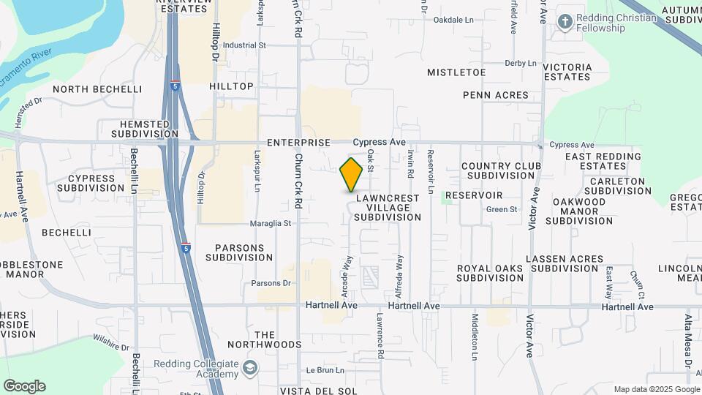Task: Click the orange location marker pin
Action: tap(351, 175)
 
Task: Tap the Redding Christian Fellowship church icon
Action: tap(564, 22)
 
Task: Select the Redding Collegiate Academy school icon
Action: tap(251, 368)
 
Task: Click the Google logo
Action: tap(24, 386)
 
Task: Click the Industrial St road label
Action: tap(244, 45)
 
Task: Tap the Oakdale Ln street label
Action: tap(453, 20)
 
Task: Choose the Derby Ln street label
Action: tap(521, 64)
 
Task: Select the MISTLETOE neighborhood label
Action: tap(456, 72)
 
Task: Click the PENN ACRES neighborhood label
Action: tap(495, 96)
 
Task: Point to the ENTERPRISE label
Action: tap(299, 143)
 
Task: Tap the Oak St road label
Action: tap(371, 161)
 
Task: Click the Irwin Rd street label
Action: tap(411, 165)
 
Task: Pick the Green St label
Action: tap(502, 210)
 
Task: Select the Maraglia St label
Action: tap(272, 223)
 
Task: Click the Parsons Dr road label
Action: tap(271, 283)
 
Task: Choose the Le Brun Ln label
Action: tap(320, 371)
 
